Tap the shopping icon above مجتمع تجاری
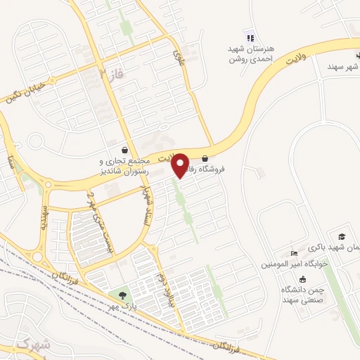click(x=125, y=150)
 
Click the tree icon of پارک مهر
click(x=123, y=295)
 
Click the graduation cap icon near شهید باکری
click(x=342, y=236)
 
